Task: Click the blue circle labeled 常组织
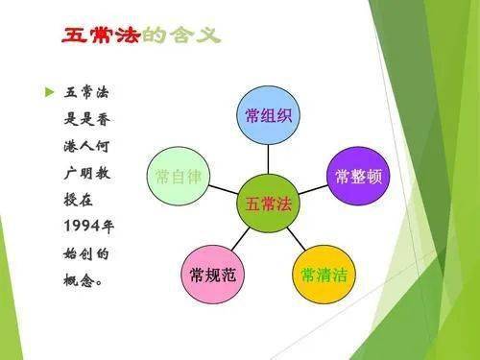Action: click(x=268, y=116)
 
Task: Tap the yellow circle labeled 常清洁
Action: click(x=323, y=276)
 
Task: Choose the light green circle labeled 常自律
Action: click(x=178, y=177)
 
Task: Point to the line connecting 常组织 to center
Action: click(x=268, y=159)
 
